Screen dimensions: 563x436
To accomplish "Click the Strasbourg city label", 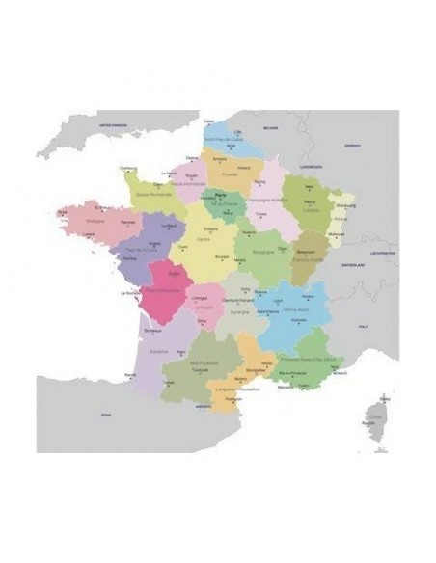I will click(344, 205).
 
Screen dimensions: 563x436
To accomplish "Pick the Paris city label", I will click(223, 195).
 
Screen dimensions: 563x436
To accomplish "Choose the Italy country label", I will click(365, 328).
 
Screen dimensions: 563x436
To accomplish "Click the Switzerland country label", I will click(350, 263).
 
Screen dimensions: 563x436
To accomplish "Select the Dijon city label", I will click(284, 248).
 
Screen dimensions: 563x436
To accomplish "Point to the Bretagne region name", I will click(94, 220).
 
